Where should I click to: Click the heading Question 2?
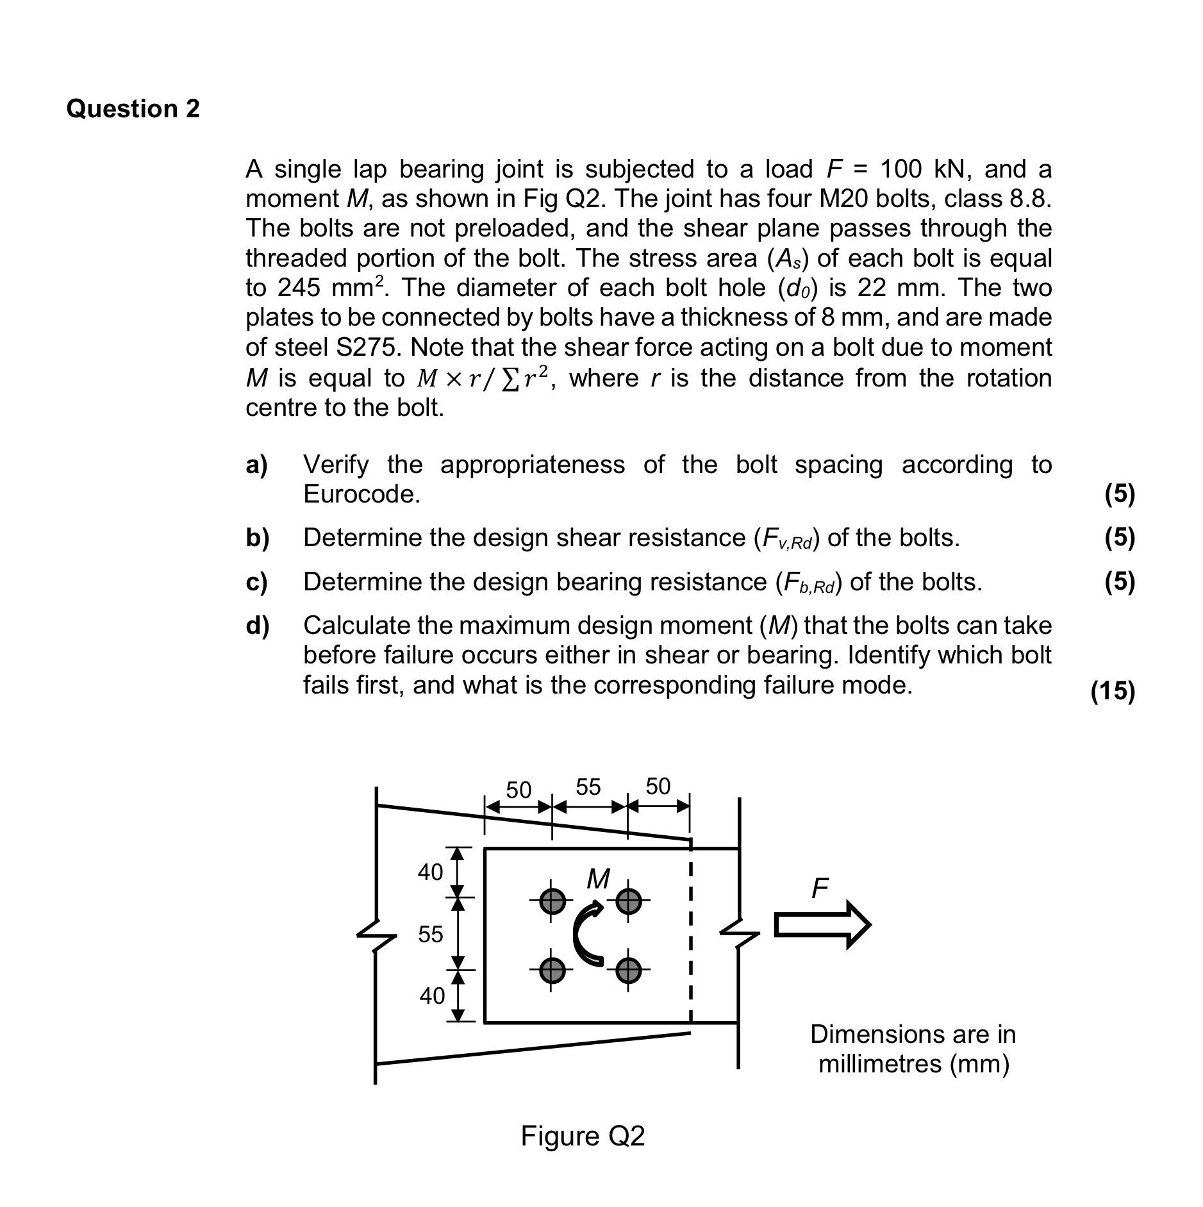coord(133,108)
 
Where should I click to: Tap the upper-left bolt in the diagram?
coord(552,901)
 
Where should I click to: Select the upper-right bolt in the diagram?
coord(628,901)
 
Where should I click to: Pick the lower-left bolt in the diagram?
coord(552,970)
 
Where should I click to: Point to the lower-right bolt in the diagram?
coord(628,970)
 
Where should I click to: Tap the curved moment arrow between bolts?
coord(587,933)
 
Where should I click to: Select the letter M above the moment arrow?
coord(598,879)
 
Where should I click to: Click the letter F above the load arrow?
coord(820,888)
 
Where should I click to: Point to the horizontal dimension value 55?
coord(588,787)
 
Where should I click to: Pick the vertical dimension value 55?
coord(430,934)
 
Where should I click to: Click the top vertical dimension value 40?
coord(430,872)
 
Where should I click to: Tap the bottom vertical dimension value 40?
coord(432,995)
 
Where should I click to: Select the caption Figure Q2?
coord(582,1136)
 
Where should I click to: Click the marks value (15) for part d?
coord(1113,690)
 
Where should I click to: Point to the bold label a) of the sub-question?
coord(256,465)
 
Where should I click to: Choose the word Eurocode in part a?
coord(361,494)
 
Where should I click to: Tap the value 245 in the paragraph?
coord(298,288)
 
